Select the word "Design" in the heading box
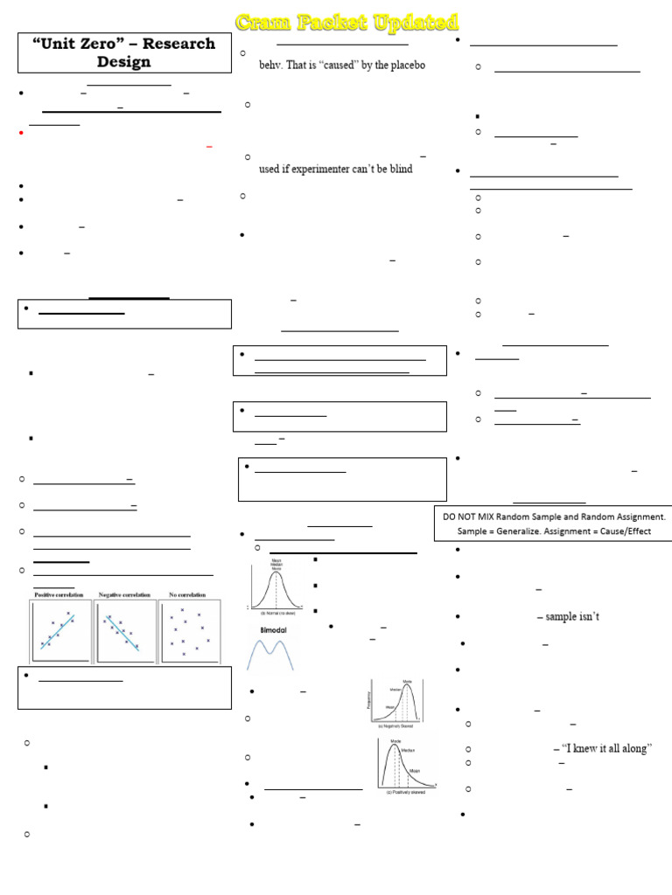point(123,62)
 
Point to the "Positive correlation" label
point(59,595)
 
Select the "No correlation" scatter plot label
point(187,595)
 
